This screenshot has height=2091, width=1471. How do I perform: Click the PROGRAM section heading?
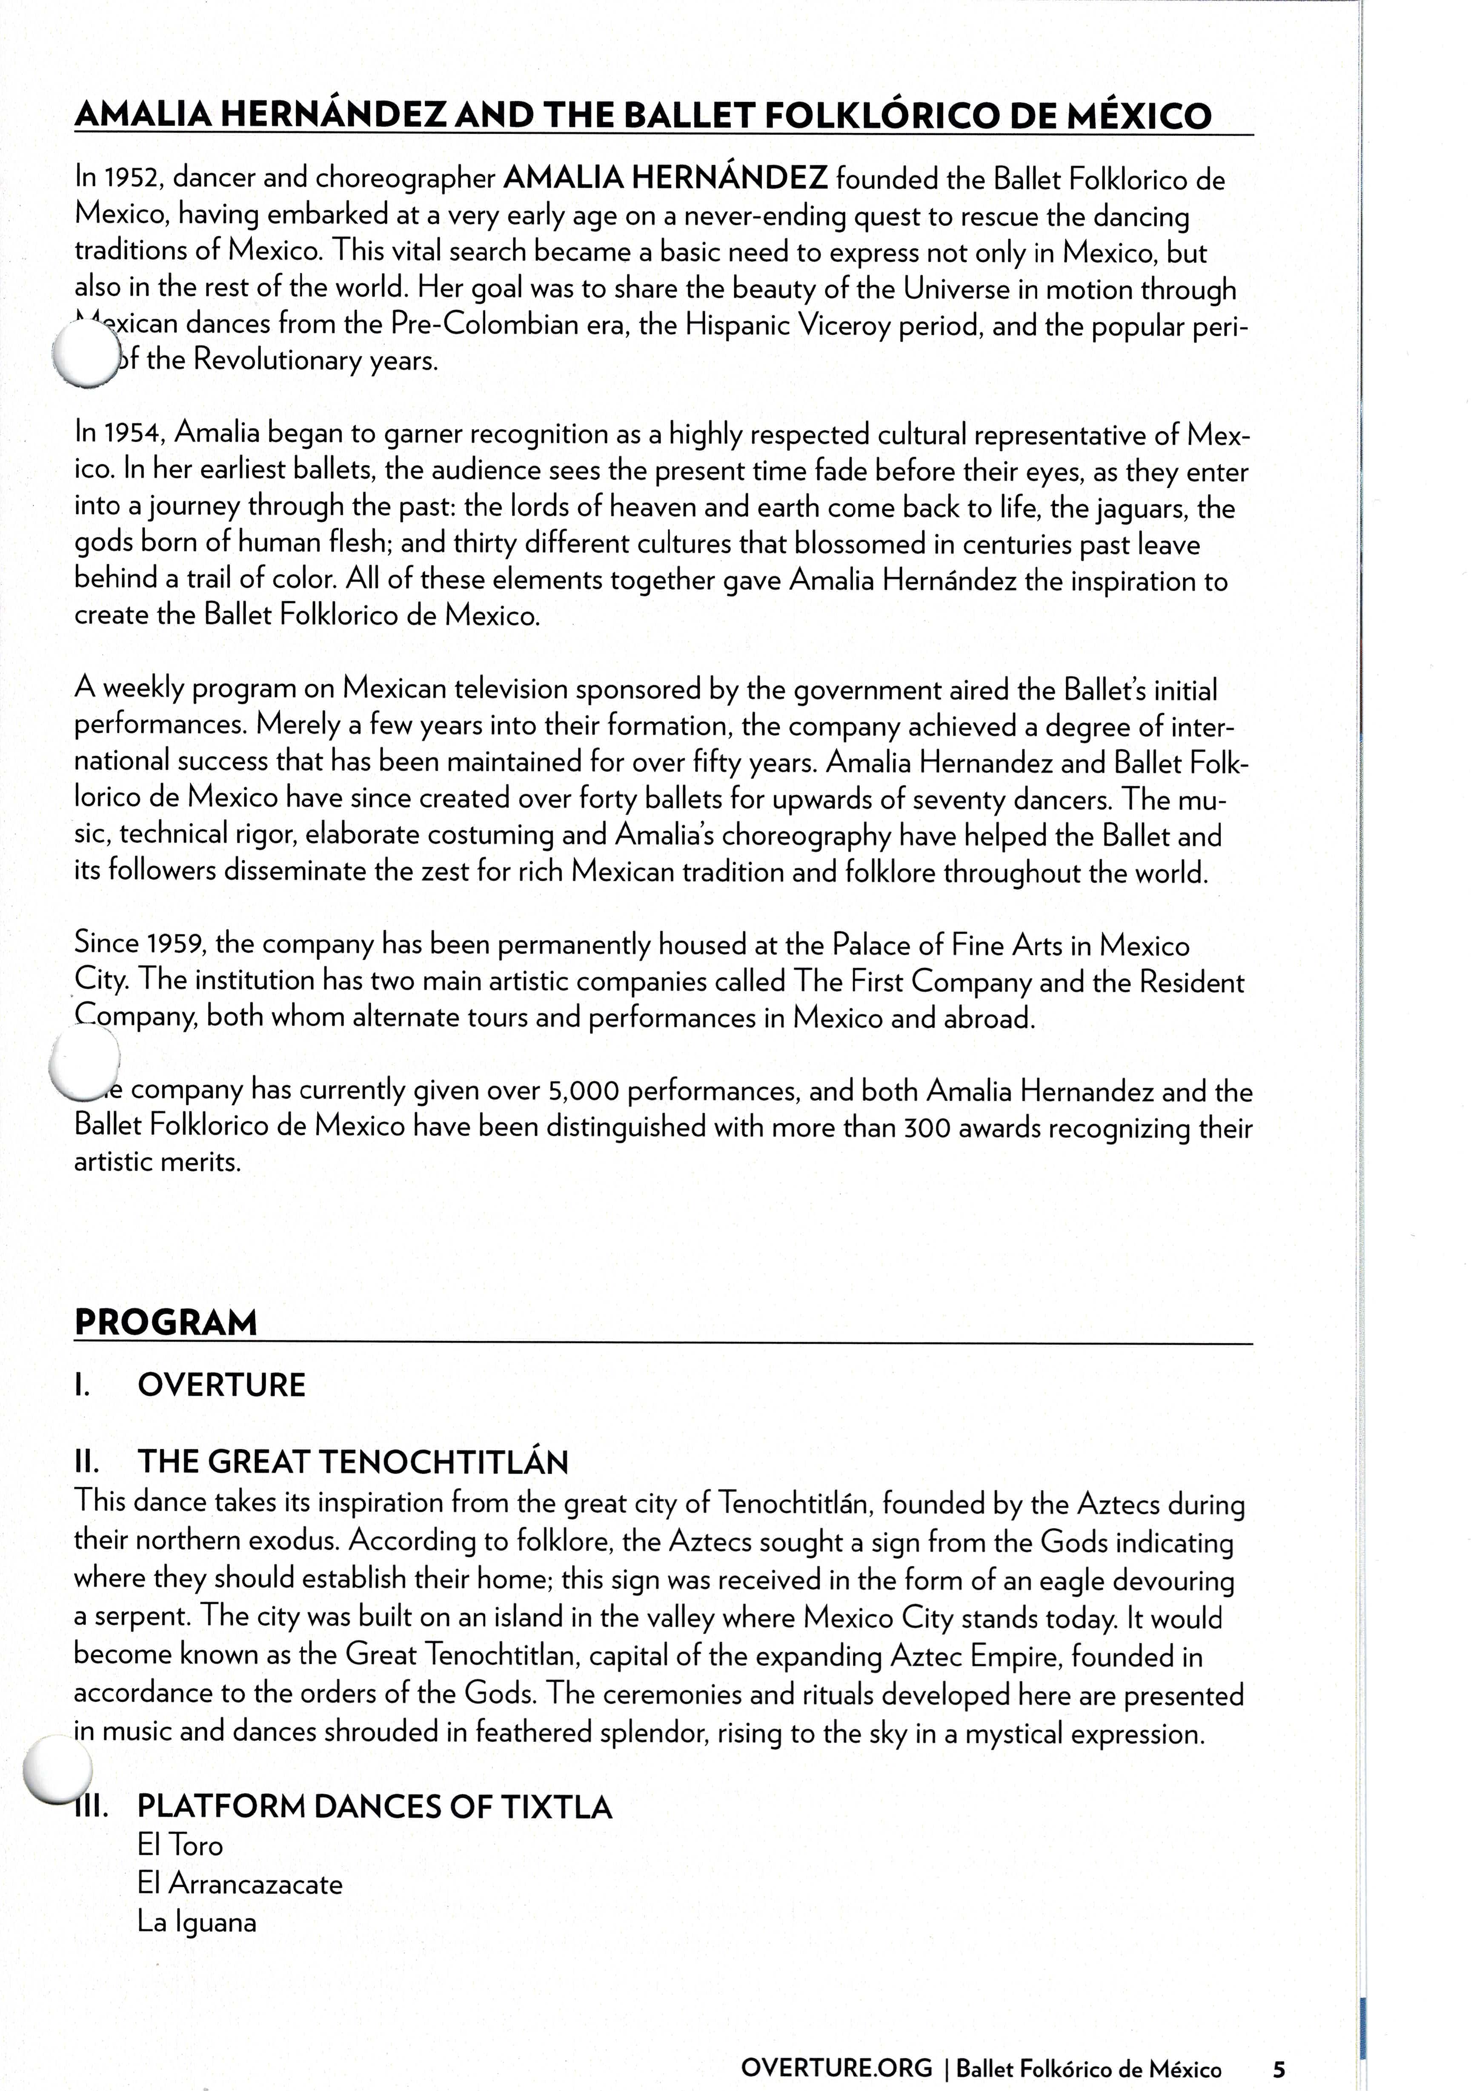[166, 1323]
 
